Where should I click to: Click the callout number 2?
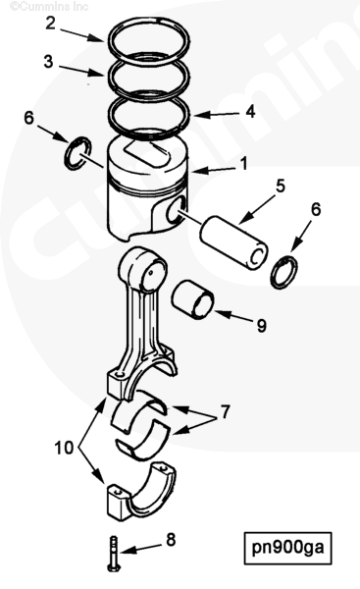51,23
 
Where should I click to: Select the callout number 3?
48,62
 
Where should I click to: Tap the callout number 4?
250,112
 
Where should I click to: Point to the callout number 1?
244,164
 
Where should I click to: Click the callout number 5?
281,187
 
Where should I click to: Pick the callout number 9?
262,325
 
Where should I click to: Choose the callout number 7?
225,412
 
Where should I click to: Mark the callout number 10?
64,448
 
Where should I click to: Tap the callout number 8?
171,540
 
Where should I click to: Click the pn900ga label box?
288,548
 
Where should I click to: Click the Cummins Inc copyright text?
49,6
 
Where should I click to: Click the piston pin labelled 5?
233,242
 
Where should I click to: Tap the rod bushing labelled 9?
193,299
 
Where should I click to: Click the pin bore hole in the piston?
176,210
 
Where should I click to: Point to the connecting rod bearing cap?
141,493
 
